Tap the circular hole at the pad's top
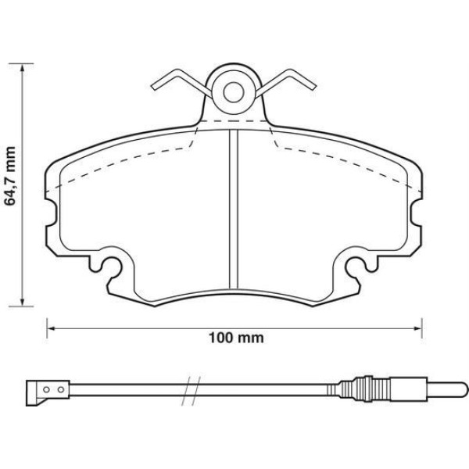click(232, 92)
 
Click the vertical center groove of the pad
click(232, 207)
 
